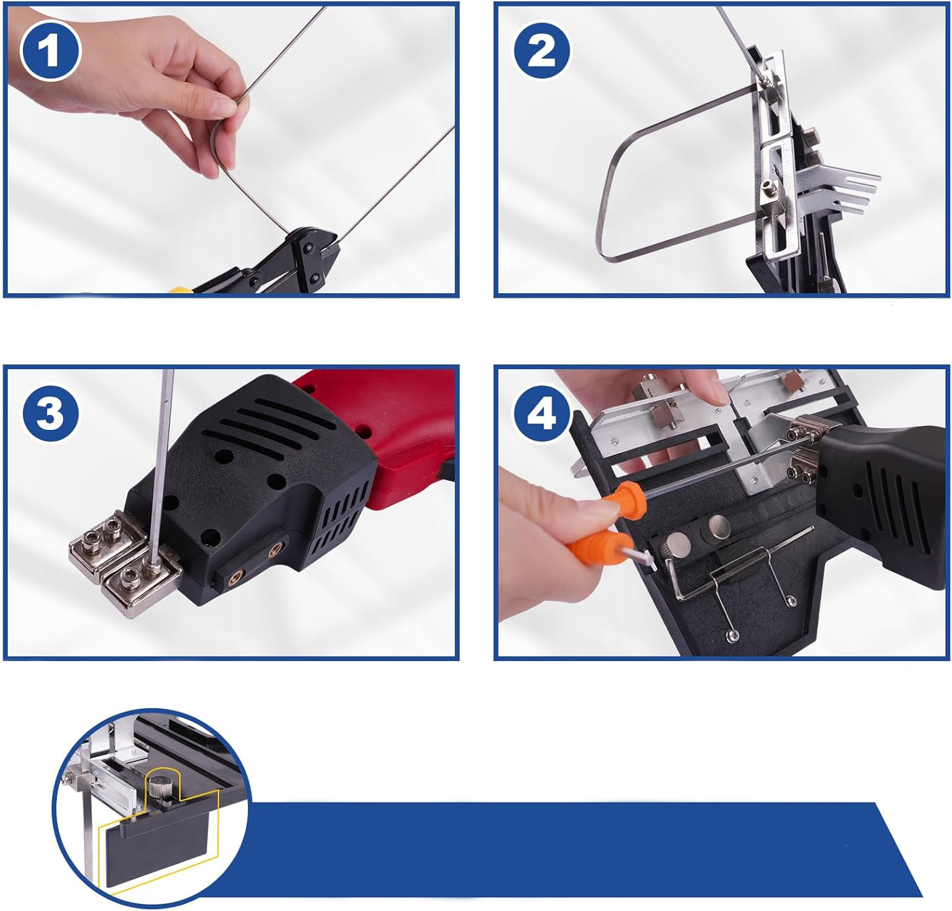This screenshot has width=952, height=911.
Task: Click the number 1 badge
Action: pos(50,51)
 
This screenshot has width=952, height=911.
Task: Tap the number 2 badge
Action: pos(542,50)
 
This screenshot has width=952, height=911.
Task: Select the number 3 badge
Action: pos(50,414)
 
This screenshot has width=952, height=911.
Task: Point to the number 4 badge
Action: pos(542,414)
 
